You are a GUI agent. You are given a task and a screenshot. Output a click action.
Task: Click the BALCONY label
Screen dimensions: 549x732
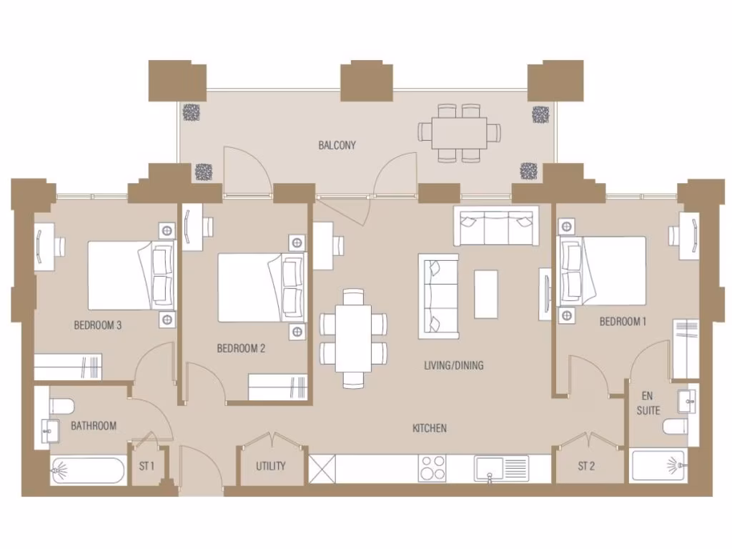click(x=337, y=145)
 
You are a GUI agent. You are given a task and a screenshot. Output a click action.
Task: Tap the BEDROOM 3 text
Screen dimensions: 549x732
click(x=98, y=325)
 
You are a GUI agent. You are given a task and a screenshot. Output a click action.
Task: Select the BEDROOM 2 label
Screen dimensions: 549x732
click(x=241, y=349)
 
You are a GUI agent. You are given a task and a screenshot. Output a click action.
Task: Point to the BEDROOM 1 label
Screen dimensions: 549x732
click(x=623, y=322)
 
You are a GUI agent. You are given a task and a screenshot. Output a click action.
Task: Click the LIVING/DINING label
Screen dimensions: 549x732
click(x=453, y=365)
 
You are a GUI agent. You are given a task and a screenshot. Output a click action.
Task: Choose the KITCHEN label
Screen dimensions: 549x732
click(x=430, y=428)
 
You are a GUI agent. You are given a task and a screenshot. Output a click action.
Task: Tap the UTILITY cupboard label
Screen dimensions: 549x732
click(x=271, y=466)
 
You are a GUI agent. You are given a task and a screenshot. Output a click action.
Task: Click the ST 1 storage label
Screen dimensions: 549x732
click(x=147, y=466)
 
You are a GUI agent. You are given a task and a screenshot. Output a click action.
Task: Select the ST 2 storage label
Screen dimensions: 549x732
click(x=586, y=466)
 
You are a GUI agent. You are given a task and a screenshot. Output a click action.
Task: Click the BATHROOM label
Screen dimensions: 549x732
click(x=93, y=426)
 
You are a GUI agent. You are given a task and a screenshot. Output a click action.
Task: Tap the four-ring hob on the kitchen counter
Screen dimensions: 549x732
click(x=432, y=469)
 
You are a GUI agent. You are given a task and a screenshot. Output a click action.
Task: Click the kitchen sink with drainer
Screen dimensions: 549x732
click(x=503, y=469)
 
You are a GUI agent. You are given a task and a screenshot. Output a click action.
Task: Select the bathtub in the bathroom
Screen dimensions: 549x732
click(x=87, y=472)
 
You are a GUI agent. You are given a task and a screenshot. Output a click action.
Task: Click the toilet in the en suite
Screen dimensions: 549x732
click(x=676, y=427)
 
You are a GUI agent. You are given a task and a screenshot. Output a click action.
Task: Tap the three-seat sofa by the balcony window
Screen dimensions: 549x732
click(x=495, y=227)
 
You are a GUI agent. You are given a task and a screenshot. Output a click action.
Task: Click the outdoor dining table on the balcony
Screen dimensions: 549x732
click(x=460, y=132)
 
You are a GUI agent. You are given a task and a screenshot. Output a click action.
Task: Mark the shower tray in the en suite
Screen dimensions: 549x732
click(x=658, y=465)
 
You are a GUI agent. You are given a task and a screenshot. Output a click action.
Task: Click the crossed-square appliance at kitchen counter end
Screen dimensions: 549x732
click(x=322, y=470)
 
